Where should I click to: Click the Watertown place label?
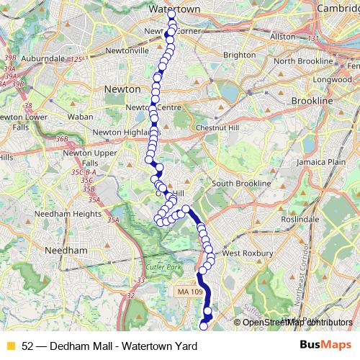click(x=174, y=8)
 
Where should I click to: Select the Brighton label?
click(x=240, y=55)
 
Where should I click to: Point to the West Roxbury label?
click(x=248, y=253)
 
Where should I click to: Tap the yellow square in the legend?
click(x=10, y=346)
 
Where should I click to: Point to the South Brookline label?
click(x=241, y=184)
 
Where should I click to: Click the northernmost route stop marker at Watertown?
click(x=171, y=14)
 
